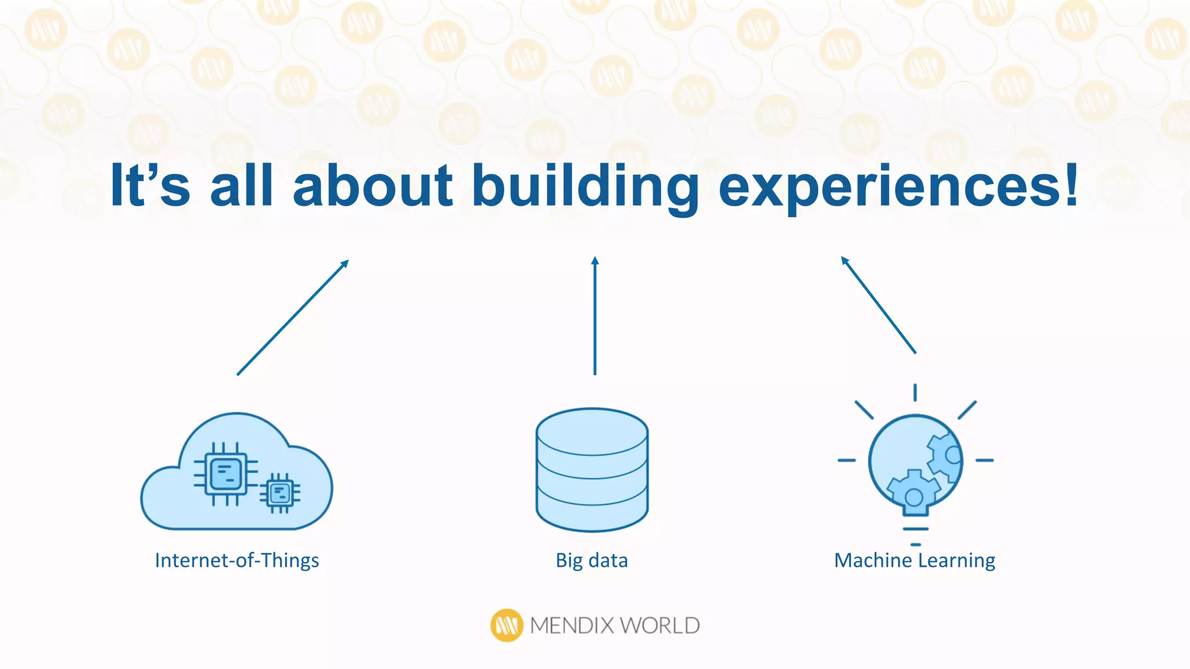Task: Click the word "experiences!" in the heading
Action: pos(898,186)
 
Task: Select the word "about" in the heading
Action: pos(372,186)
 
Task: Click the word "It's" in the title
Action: pos(150,186)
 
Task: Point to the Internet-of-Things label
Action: pos(237,560)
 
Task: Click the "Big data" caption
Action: pos(592,560)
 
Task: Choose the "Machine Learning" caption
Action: pos(915,560)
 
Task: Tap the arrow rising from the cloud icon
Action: pos(292,318)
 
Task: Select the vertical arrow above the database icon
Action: pos(594,316)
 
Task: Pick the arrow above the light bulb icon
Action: pos(879,305)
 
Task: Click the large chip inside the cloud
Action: pos(226,474)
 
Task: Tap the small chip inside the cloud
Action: pos(280,494)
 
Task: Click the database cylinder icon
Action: pos(592,470)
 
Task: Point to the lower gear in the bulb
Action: pos(913,494)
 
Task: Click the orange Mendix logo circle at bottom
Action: pos(507,625)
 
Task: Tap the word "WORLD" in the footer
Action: pos(659,625)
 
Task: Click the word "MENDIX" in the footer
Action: pos(572,625)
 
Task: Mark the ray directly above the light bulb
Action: pos(915,393)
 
